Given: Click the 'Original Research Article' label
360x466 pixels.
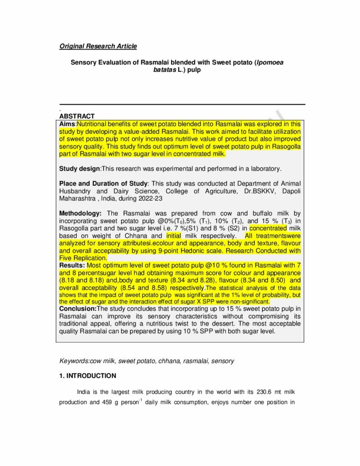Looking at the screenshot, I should tap(98, 46).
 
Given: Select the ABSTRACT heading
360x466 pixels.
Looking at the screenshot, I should tap(77, 116).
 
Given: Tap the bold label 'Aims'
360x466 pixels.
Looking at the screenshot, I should tap(67, 124).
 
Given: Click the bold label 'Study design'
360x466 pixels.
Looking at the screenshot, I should tap(80, 169).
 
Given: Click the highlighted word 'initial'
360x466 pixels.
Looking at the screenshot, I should tap(173, 236).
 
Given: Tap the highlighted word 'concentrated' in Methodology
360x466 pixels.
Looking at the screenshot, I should tap(269, 228).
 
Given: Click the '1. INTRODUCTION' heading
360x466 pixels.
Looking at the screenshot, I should tap(87, 376).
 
